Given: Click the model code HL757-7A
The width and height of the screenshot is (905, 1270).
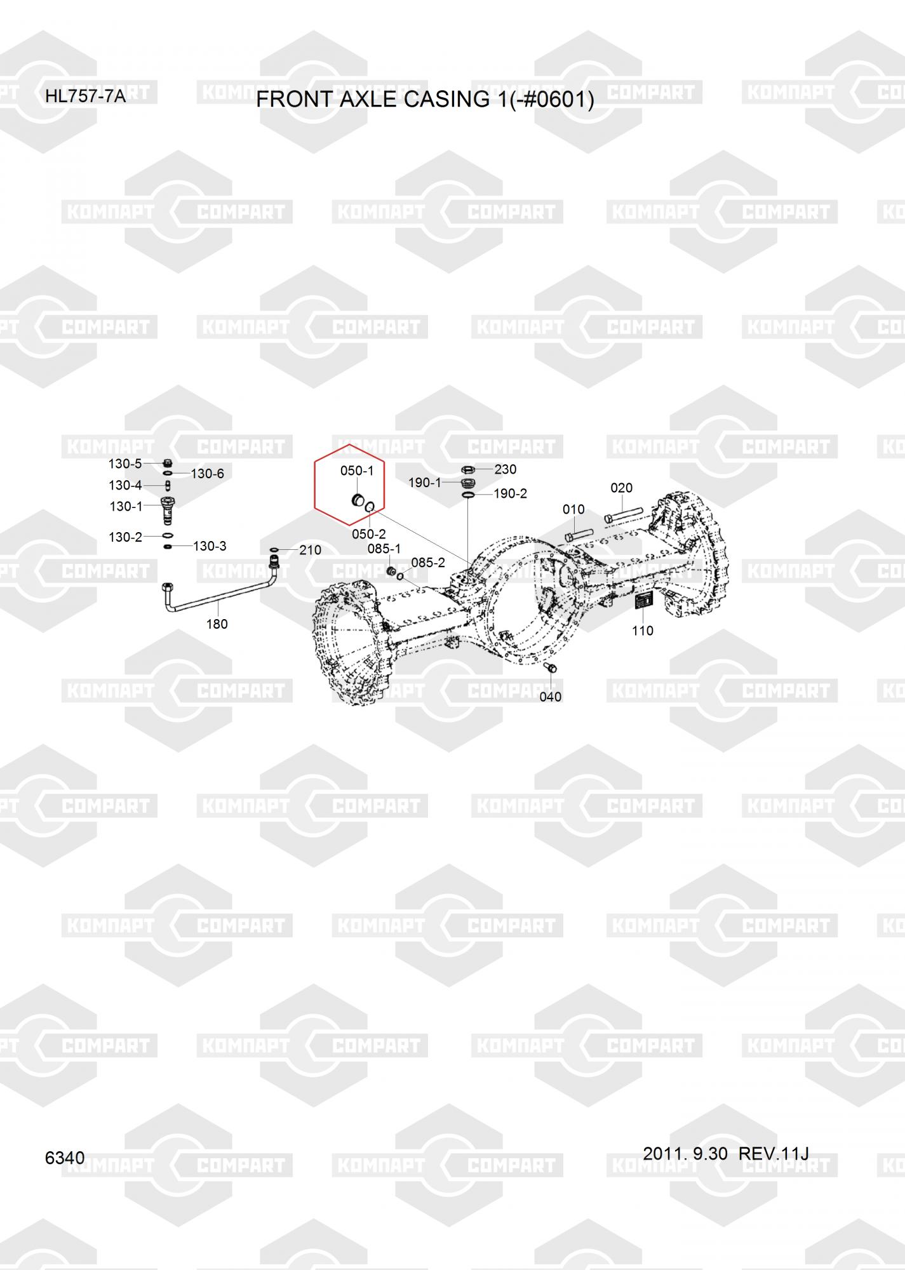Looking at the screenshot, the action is click(85, 97).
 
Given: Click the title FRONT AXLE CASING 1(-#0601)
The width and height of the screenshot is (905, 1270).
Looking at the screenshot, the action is click(425, 100).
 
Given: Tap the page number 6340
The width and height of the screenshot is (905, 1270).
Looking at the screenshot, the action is click(65, 1158).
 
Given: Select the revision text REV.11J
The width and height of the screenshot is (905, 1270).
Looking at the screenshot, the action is click(774, 1153).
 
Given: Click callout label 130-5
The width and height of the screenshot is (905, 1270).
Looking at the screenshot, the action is click(125, 464).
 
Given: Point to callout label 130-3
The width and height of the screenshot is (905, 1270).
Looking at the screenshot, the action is click(210, 546).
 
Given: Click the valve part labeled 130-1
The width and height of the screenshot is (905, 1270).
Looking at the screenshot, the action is click(168, 511).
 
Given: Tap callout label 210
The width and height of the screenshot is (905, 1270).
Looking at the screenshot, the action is click(310, 550).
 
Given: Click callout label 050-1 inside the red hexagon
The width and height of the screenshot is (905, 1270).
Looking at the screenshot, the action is click(357, 471).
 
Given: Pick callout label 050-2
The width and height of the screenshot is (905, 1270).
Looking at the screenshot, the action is click(369, 534).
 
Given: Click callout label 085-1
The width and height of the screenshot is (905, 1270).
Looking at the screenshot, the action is click(384, 548).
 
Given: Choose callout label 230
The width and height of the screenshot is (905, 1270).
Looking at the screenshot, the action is click(506, 469).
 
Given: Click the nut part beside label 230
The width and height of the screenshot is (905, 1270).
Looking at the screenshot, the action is click(467, 470).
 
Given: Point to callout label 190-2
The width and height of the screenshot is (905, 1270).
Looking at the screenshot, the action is click(510, 493).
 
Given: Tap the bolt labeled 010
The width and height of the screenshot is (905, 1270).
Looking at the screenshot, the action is click(579, 535).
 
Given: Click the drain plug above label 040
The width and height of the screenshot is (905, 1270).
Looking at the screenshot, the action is click(551, 668).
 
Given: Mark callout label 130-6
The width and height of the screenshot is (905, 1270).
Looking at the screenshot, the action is click(207, 474).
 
